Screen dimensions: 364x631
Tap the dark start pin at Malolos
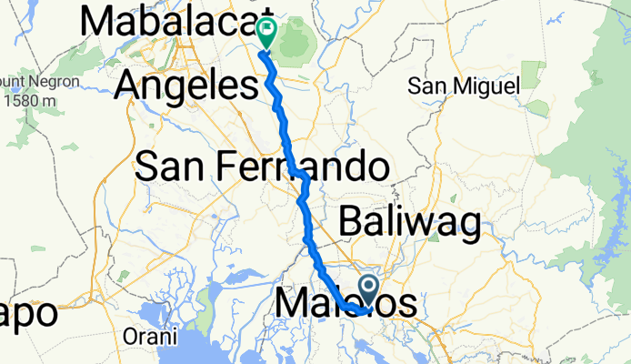click(369, 292)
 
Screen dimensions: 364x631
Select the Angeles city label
click(188, 87)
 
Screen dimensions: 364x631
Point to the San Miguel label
click(463, 86)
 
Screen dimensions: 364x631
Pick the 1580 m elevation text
click(28, 99)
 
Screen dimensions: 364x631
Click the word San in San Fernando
click(172, 167)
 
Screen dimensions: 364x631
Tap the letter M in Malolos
click(292, 304)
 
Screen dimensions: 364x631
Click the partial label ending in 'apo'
click(27, 313)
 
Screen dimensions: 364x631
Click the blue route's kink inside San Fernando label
click(304, 174)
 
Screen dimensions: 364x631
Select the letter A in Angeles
click(130, 87)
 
